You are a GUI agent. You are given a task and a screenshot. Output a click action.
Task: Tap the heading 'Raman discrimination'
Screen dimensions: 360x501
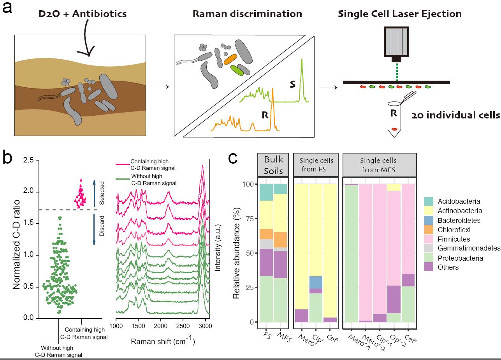[247, 14]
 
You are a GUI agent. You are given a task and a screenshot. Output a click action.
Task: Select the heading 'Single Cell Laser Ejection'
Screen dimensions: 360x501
[400, 14]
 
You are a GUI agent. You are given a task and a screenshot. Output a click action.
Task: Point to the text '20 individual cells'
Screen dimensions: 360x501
[455, 116]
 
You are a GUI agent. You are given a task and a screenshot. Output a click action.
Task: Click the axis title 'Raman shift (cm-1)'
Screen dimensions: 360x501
[163, 341]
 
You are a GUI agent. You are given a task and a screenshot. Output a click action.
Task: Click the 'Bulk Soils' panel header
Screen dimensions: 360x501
[274, 165]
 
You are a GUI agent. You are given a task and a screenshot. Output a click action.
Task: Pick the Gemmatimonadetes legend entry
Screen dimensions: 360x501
[469, 249]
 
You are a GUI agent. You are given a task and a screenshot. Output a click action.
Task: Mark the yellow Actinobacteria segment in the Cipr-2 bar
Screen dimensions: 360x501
[393, 187]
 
